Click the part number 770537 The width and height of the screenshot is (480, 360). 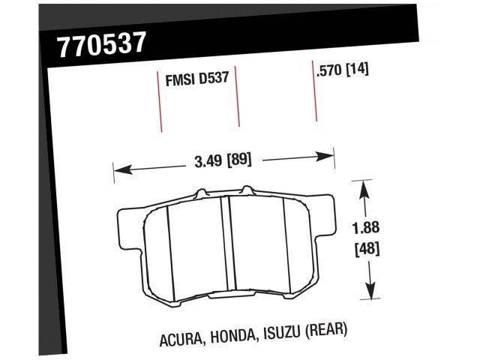[x=101, y=45]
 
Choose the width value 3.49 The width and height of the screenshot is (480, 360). [x=207, y=160]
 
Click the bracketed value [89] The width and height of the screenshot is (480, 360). [x=238, y=160]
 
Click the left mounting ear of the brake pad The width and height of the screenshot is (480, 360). [x=129, y=222]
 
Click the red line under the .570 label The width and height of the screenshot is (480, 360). [x=313, y=97]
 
